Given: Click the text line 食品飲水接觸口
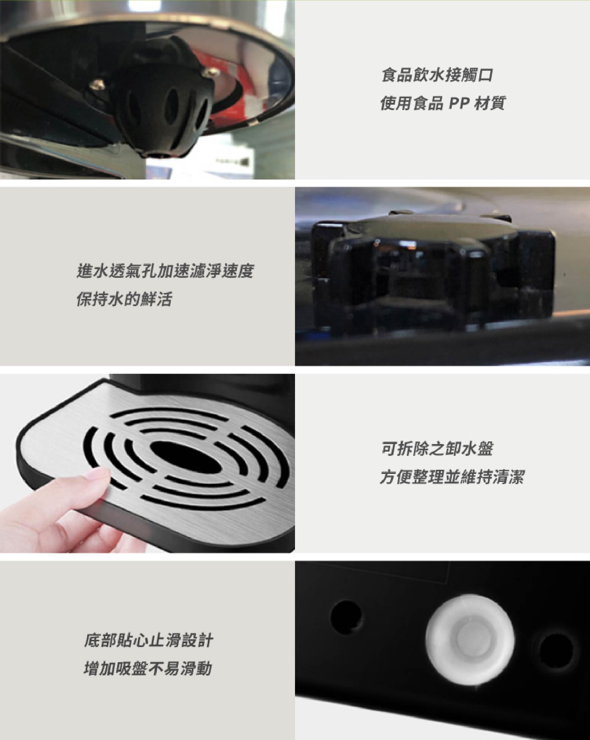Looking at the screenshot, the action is pyautogui.click(x=437, y=75).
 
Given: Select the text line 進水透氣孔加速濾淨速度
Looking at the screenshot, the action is pyautogui.click(x=165, y=271).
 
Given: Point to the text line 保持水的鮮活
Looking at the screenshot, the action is pyautogui.click(x=124, y=299).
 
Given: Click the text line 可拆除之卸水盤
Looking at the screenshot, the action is pyautogui.click(x=437, y=449).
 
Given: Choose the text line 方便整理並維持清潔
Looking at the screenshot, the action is pyautogui.click(x=452, y=477).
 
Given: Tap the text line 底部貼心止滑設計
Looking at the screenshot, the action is pyautogui.click(x=148, y=640).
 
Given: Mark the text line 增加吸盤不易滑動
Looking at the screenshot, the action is pyautogui.click(x=147, y=668).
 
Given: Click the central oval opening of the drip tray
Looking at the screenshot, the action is pyautogui.click(x=185, y=455).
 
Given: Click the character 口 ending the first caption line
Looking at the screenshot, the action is pyautogui.click(x=485, y=75).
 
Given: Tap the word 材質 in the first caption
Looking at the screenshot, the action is pyautogui.click(x=489, y=103).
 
